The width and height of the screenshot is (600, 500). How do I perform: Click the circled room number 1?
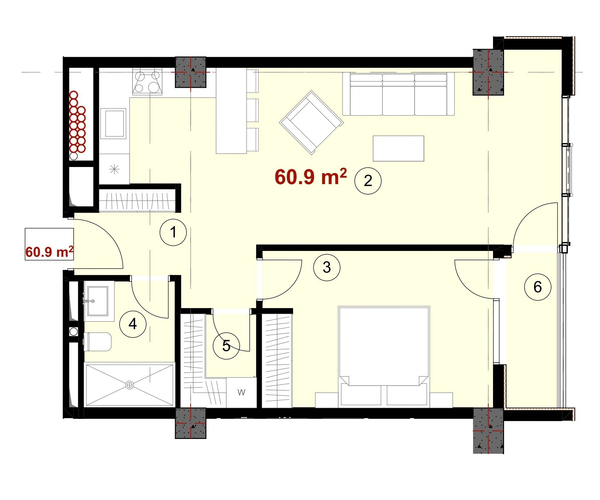(x=174, y=232)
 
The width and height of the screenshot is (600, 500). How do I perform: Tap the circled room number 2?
(x=368, y=181)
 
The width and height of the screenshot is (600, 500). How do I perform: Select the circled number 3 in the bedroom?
(x=327, y=267)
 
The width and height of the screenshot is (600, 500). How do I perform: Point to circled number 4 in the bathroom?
(x=133, y=324)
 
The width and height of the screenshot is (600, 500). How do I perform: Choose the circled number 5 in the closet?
(x=226, y=346)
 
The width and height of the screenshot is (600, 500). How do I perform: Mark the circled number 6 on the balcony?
(x=538, y=287)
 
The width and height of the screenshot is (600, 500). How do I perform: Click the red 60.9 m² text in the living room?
(x=311, y=176)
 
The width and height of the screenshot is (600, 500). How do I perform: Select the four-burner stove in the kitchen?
(x=148, y=82)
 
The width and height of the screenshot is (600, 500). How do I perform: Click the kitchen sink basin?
(x=113, y=123)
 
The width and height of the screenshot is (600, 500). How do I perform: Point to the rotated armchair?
(x=311, y=122)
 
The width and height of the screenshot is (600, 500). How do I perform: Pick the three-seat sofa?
(x=398, y=94)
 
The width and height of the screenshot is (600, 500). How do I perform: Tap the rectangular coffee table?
(x=398, y=148)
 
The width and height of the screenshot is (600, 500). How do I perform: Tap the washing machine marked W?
(x=241, y=392)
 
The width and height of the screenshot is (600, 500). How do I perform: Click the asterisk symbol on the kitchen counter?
(x=114, y=169)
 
